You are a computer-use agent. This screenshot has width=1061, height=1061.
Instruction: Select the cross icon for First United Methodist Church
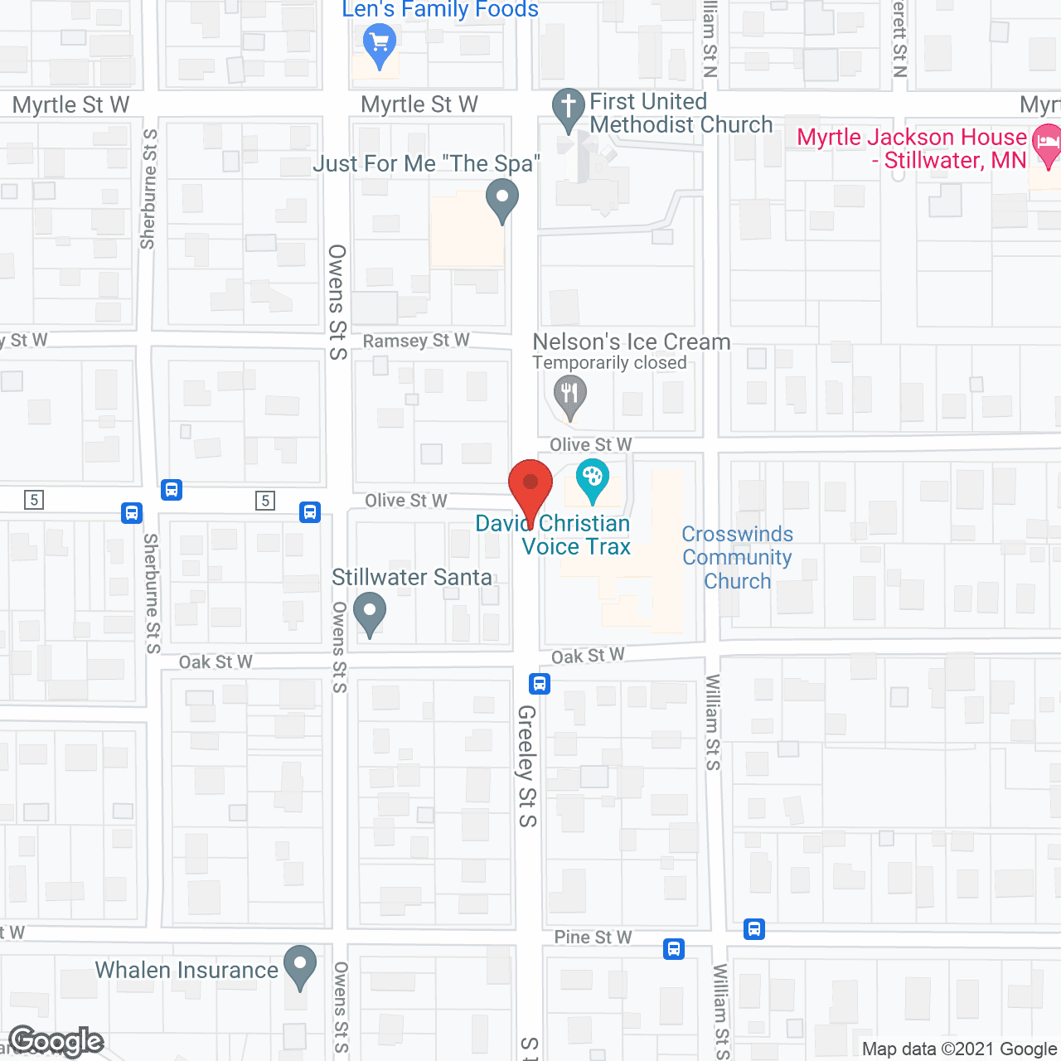coord(569,108)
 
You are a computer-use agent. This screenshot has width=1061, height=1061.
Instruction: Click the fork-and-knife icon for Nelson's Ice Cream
coord(569,394)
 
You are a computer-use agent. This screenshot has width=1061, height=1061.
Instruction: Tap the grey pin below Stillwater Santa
coord(370,613)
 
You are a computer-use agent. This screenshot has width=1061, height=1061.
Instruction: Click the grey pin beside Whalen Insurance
coord(300,965)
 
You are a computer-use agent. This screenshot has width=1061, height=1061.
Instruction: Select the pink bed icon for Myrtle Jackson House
coord(1048,144)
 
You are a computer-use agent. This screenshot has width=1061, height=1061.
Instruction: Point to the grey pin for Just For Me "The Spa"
coord(501,200)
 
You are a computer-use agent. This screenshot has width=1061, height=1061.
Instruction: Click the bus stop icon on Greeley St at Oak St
coord(540,684)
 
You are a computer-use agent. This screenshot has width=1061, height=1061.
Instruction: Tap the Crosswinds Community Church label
coord(737,557)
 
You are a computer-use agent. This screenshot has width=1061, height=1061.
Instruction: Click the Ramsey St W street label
coord(416,341)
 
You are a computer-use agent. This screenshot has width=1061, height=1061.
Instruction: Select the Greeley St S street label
coord(527,766)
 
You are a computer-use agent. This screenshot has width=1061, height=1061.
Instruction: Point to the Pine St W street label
coord(593,937)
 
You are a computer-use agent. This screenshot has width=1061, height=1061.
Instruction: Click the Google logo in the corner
coord(56,1041)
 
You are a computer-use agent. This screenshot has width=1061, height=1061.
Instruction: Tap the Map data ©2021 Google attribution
coord(960,1049)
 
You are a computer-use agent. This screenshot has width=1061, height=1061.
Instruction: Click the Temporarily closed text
coord(609,363)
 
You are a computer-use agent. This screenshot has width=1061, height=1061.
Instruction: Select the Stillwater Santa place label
coord(412,577)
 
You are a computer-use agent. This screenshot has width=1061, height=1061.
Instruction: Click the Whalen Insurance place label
coord(187,970)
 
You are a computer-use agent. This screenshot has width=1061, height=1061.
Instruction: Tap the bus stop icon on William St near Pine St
coord(753,929)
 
